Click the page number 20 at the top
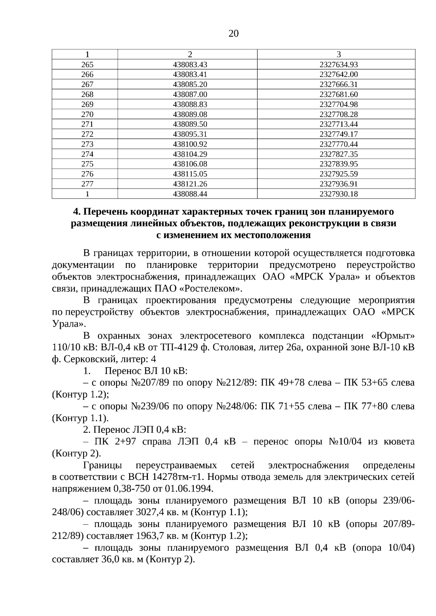click(x=234, y=34)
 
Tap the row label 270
click(x=87, y=114)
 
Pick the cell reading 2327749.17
click(x=338, y=134)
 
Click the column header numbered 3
click(x=338, y=54)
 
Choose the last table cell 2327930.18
click(x=338, y=194)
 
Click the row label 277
click(x=87, y=184)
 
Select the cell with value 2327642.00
click(x=338, y=74)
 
